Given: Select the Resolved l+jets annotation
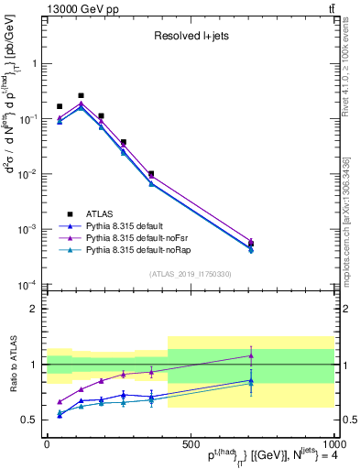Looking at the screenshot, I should click(x=190, y=38).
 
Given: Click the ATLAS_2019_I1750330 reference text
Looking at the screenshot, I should click(x=190, y=274).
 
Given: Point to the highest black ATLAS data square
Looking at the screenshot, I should click(x=82, y=95).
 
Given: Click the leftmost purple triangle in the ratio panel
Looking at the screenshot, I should click(x=60, y=402).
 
